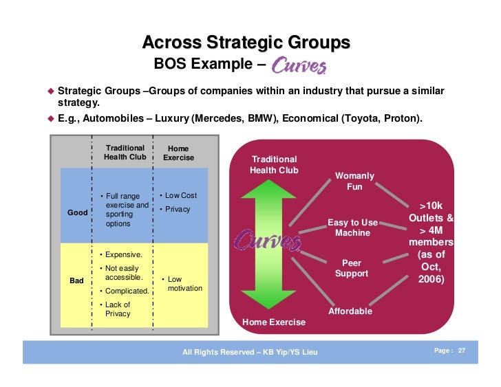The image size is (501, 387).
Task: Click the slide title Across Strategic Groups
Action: pos(246,43)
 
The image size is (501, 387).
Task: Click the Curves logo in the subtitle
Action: pos(299,65)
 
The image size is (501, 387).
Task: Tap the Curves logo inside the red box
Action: pos(268,241)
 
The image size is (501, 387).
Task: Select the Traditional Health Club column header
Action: pos(125,153)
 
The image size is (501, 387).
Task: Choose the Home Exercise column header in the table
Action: pos(178,153)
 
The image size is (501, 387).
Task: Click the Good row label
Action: pos(77,212)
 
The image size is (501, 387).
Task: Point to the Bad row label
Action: pos(76,281)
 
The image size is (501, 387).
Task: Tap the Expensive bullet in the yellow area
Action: pos(118,255)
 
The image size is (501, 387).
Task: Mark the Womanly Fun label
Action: pos(355,181)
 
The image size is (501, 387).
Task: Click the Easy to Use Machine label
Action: pos(352,228)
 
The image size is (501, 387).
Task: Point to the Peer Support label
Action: pos(352,268)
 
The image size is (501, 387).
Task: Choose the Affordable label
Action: pos(350,311)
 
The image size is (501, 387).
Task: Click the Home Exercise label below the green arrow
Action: pos(274,322)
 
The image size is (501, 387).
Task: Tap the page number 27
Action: pos(462,351)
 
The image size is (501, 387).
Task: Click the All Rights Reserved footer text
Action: pos(250,353)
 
